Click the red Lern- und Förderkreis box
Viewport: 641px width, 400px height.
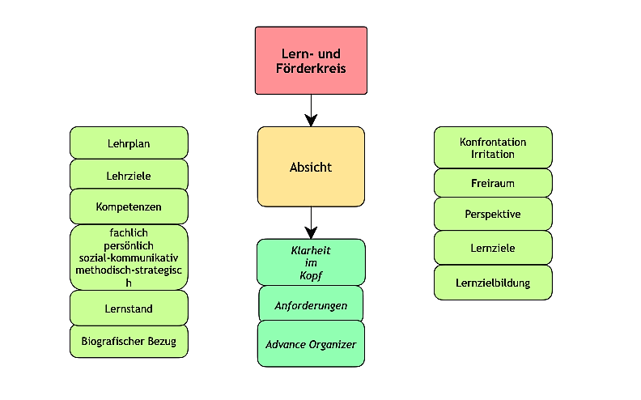point(311,60)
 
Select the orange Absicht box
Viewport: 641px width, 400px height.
point(311,168)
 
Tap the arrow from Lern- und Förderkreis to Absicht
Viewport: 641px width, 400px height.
point(311,110)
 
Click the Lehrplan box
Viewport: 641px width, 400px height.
point(129,143)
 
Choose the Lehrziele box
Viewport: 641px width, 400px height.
point(129,175)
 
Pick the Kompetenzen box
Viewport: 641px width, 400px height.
point(129,206)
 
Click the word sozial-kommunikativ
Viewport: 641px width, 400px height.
point(129,257)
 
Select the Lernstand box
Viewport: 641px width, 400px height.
point(129,309)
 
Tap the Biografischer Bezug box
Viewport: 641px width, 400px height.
point(129,341)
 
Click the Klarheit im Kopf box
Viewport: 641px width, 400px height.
point(311,262)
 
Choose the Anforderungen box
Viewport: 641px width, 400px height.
point(311,305)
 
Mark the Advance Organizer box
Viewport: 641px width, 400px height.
point(311,344)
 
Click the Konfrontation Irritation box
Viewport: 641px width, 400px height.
point(493,148)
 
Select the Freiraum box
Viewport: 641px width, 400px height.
point(493,183)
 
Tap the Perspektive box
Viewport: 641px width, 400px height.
point(493,215)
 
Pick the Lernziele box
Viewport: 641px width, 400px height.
point(493,248)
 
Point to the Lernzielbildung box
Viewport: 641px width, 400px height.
point(493,283)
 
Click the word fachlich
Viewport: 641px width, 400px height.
point(129,232)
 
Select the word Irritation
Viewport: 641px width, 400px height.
point(493,154)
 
